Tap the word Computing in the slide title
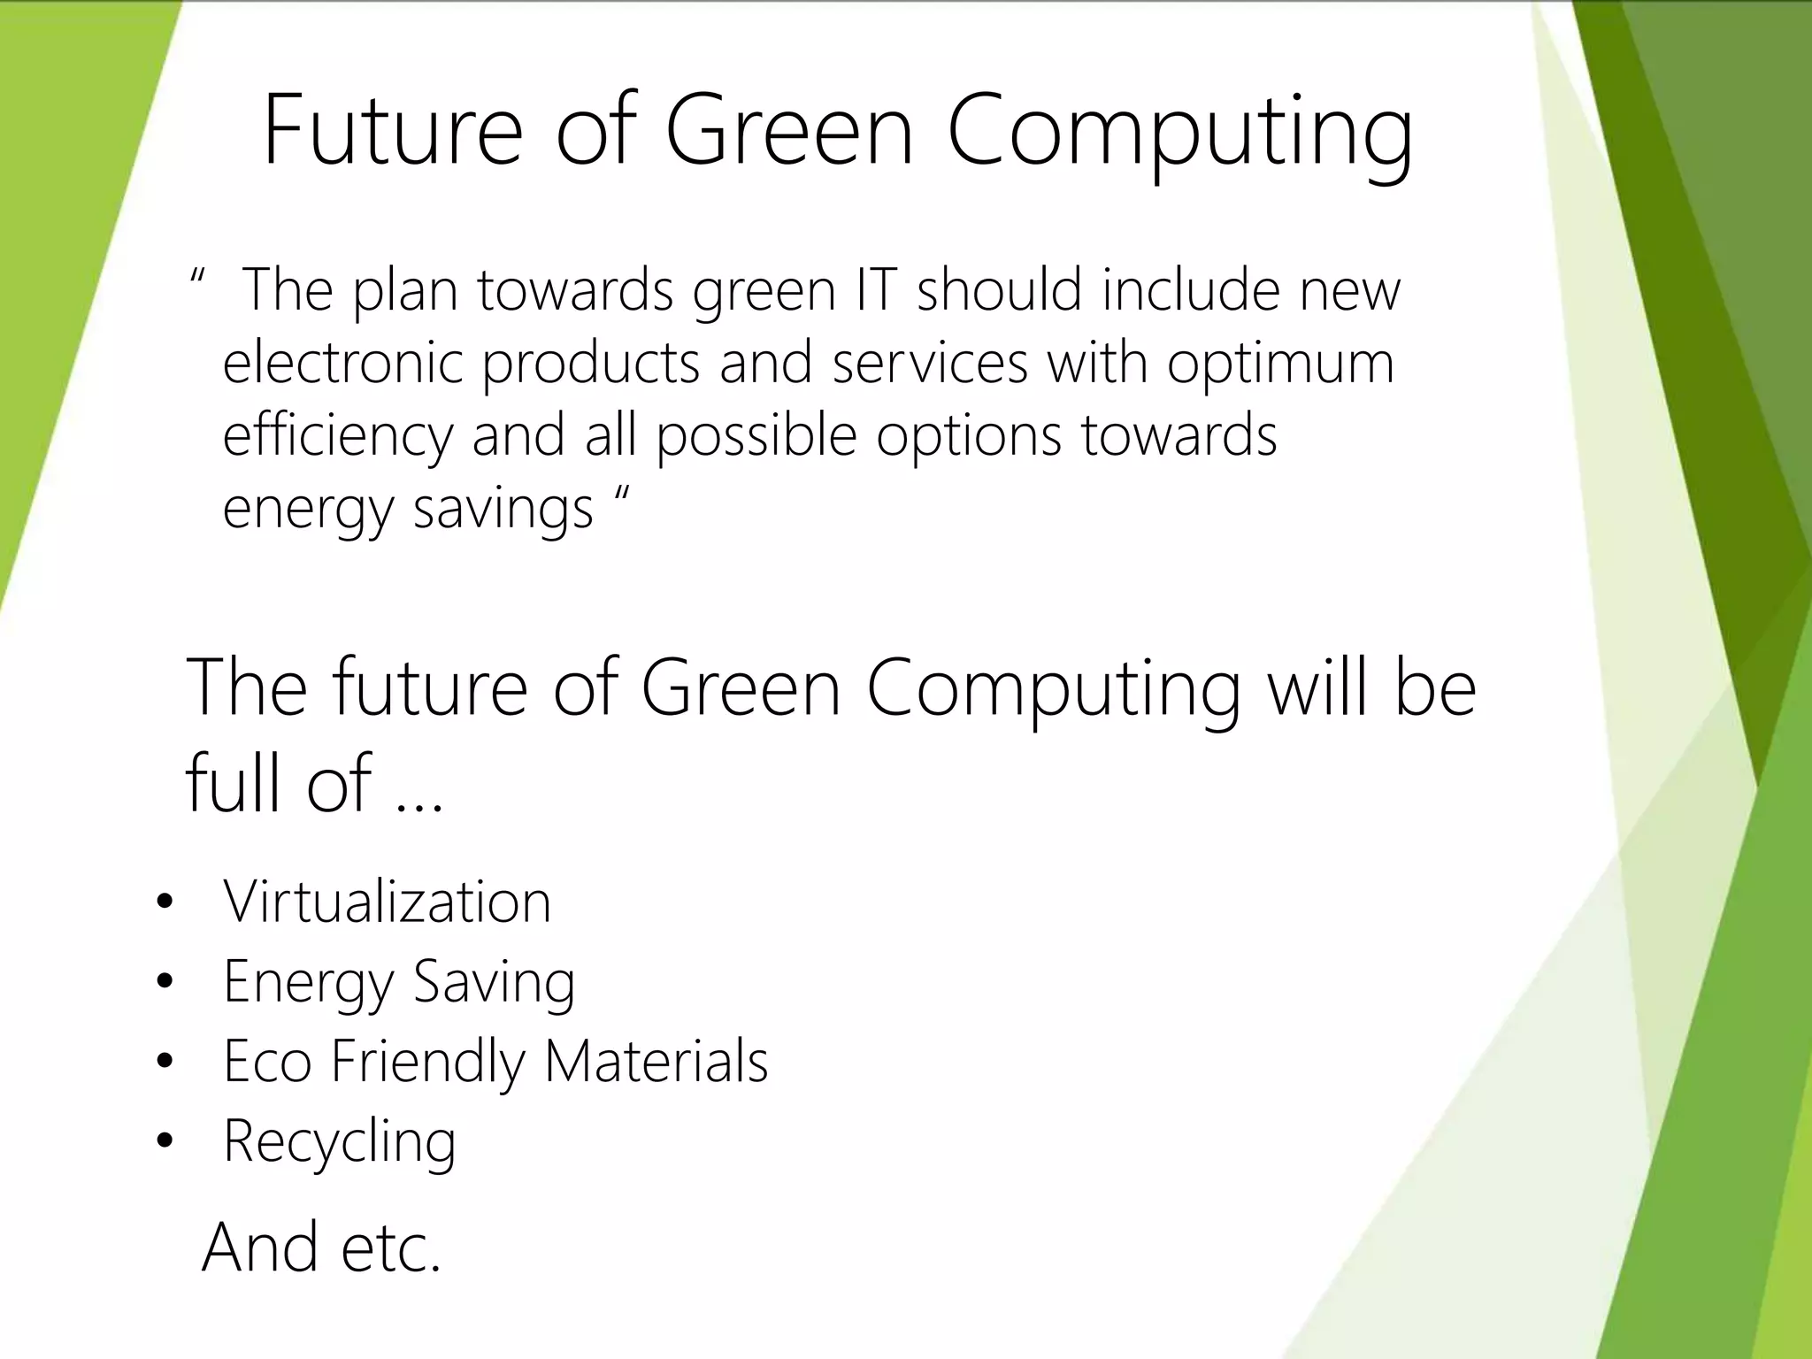[1179, 133]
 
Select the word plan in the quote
[405, 292]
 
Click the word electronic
[342, 362]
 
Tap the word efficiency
[337, 436]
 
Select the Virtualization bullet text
[387, 902]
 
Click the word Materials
[656, 1061]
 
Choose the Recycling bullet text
[340, 1142]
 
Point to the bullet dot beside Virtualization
[164, 904]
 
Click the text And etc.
[321, 1247]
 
